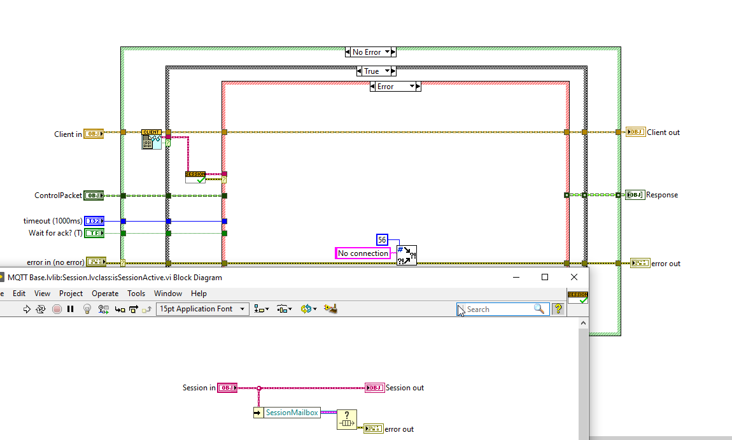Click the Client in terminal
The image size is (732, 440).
94,134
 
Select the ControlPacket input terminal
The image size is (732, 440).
94,195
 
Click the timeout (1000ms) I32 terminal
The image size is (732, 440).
94,221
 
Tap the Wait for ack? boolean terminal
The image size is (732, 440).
94,233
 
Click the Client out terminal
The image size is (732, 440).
635,132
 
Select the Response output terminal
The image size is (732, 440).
635,195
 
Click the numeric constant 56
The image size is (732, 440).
382,240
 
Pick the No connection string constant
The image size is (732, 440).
363,253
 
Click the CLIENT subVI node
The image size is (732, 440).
151,139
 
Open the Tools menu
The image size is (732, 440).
136,294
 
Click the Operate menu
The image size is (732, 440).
105,294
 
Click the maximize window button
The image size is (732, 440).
545,277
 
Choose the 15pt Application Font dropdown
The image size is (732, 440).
202,309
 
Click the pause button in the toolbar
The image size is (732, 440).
71,309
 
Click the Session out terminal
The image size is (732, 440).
374,388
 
